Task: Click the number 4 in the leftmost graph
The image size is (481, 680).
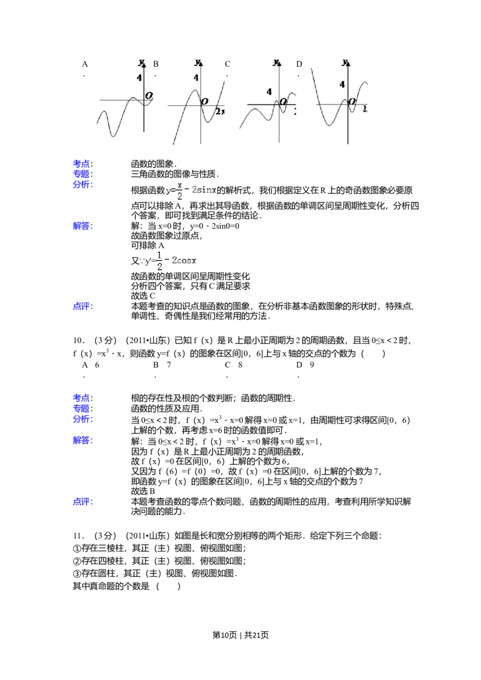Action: click(x=139, y=78)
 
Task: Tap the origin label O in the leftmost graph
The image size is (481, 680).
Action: click(x=149, y=96)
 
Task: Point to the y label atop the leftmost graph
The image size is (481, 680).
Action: click(x=141, y=62)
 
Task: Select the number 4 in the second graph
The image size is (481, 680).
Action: click(x=196, y=77)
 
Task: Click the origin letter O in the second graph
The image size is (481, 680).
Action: click(x=204, y=102)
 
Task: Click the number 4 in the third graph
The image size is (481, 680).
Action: click(x=269, y=92)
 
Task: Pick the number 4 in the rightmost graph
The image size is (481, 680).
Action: click(x=342, y=85)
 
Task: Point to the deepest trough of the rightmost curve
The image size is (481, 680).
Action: click(x=328, y=125)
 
